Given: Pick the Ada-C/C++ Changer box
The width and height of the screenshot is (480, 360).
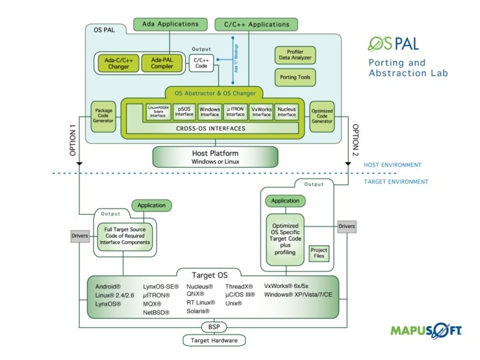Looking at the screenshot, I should [x=117, y=63].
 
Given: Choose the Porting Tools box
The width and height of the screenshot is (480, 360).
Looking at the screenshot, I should [x=295, y=78].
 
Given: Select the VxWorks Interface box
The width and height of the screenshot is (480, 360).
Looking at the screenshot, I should [x=261, y=111].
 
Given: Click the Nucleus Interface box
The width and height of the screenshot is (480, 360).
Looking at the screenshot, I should [x=287, y=111].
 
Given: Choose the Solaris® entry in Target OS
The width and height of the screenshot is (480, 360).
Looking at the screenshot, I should [x=198, y=311].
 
